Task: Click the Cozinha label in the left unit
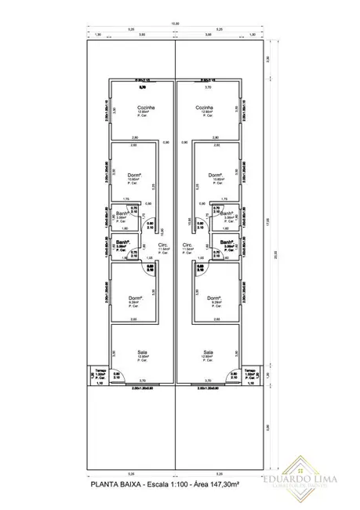point(145,107)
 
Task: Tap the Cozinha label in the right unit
point(206,107)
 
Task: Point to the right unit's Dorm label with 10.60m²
point(214,174)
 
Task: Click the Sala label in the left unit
point(141,352)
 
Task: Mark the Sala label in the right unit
point(209,352)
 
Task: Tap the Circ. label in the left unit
point(163,246)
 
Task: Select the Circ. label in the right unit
point(187,246)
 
